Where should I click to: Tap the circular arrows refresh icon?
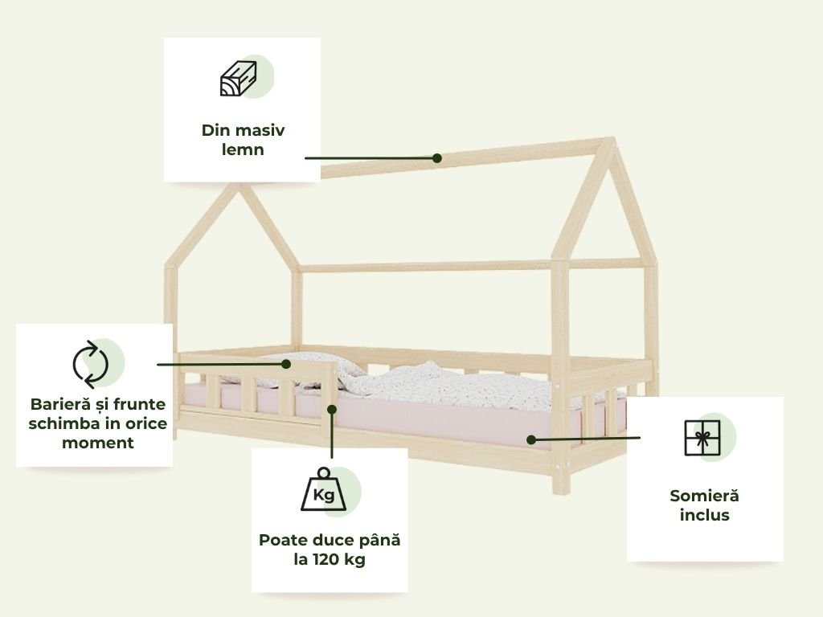coord(90,364)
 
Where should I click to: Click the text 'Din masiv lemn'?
coord(243,140)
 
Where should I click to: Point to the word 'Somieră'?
coord(704,496)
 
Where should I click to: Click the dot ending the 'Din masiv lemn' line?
coord(437,158)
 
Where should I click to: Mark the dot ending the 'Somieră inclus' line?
coord(530,439)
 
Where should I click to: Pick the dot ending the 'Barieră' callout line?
coord(286,364)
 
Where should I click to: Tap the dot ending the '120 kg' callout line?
coord(331,409)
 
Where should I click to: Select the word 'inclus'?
coord(704,515)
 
